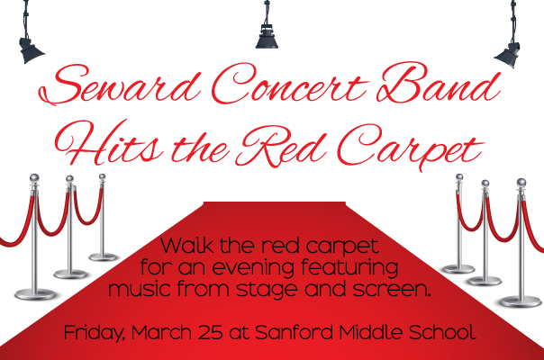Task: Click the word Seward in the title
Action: point(120,85)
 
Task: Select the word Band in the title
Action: point(438,83)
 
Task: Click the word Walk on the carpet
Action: point(187,246)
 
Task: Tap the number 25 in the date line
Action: point(211,333)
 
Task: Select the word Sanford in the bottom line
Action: point(295,332)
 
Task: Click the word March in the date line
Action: point(162,332)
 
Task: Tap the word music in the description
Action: point(141,289)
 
